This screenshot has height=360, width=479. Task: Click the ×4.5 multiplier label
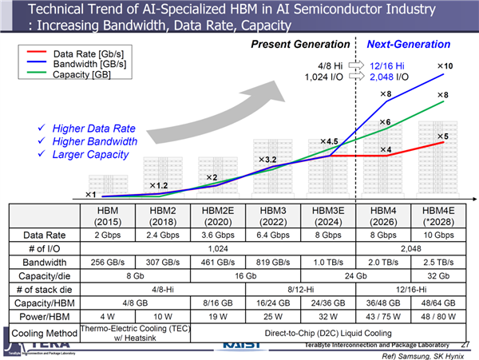coord(330,141)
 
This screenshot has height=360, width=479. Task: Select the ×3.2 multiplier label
coord(266,160)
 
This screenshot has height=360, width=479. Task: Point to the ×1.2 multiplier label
coord(156,185)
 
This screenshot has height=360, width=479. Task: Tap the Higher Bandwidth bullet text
coord(94,141)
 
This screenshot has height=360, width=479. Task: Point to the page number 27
coord(465,344)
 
